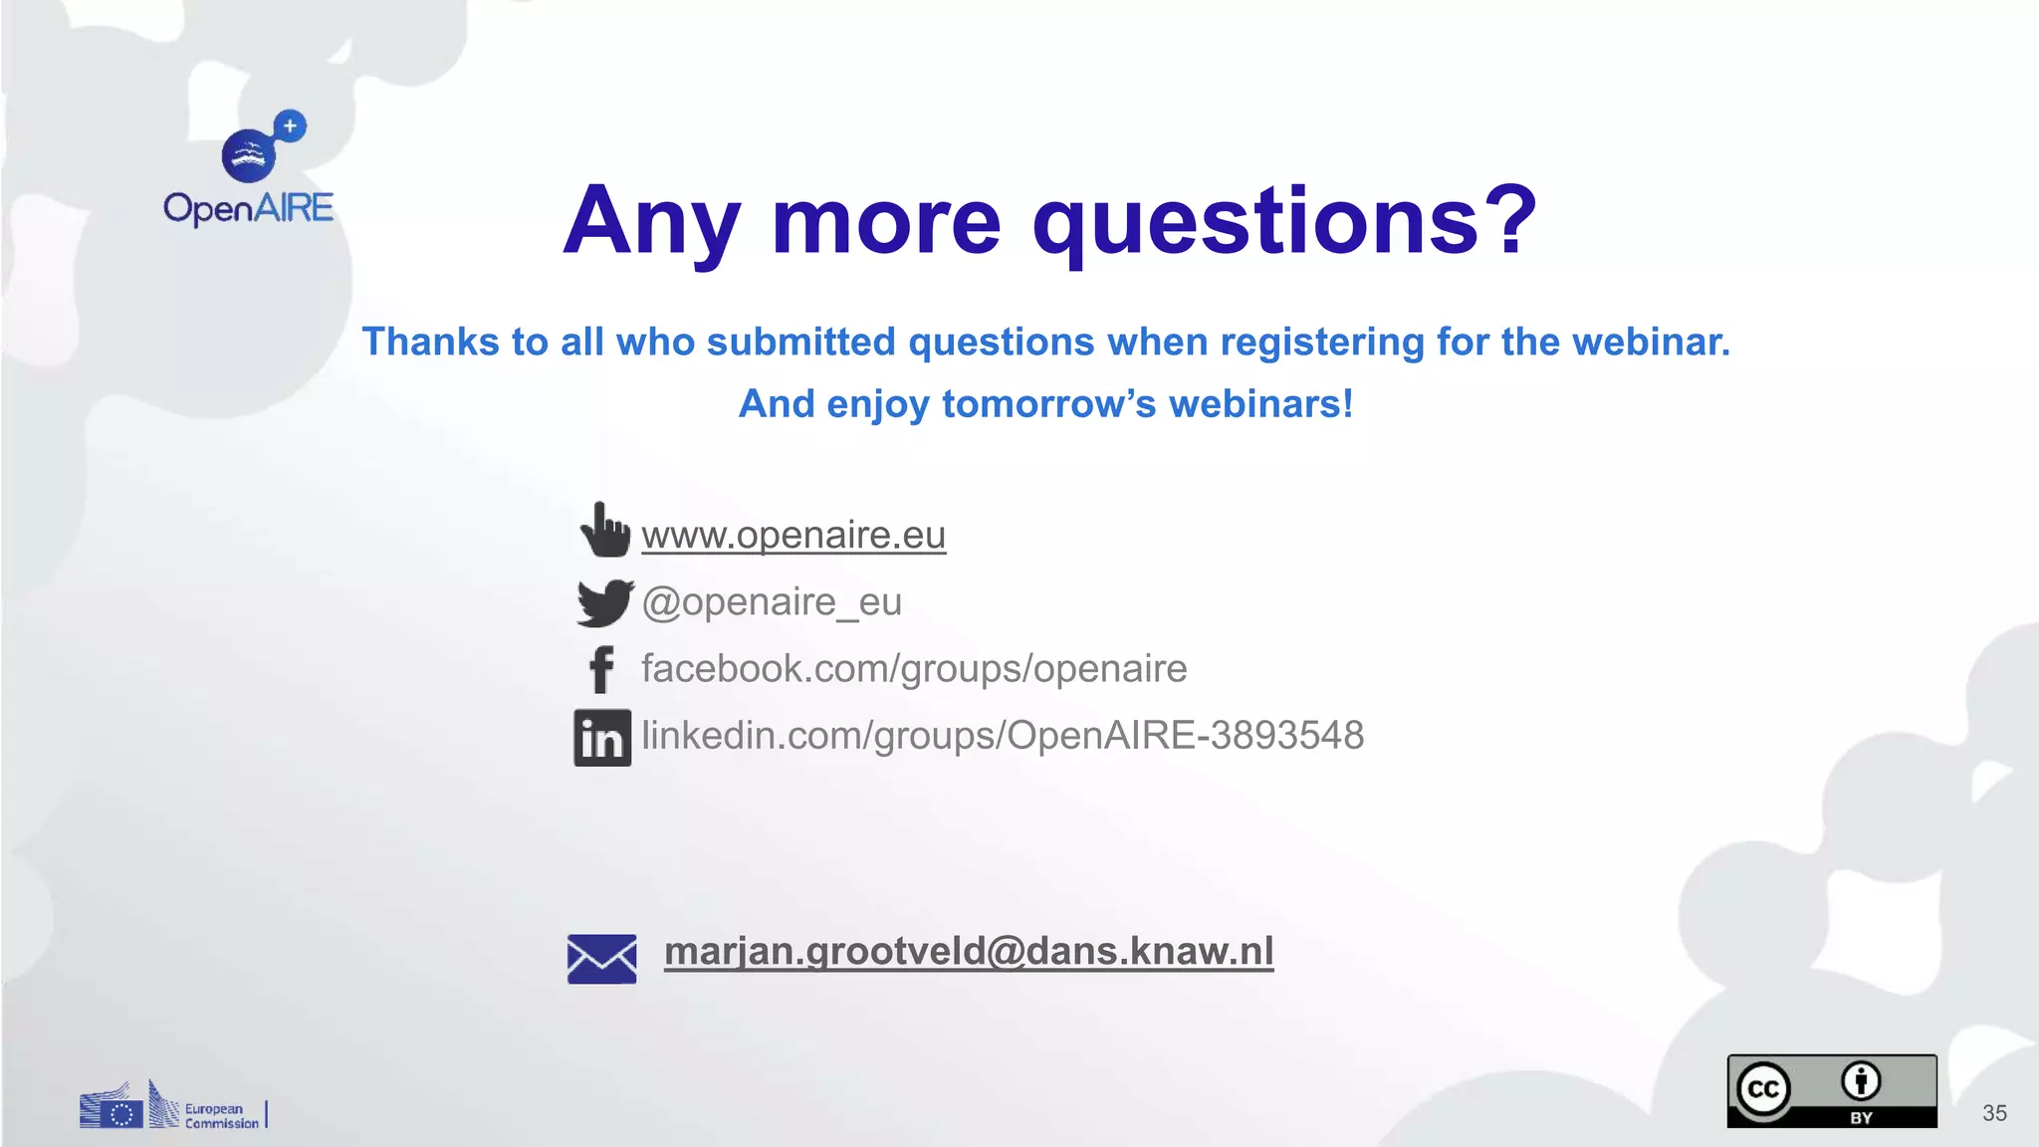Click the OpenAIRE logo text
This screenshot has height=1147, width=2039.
(248, 208)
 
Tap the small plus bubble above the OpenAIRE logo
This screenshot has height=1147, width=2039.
(290, 126)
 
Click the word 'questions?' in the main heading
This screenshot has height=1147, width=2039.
(1284, 221)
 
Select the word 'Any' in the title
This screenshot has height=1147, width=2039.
(652, 221)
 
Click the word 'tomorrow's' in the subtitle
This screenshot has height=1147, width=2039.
(1048, 404)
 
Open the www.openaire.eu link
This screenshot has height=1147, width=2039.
(793, 536)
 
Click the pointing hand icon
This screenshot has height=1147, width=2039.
(604, 530)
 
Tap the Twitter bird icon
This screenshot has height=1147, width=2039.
(603, 602)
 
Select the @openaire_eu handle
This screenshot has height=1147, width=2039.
(772, 602)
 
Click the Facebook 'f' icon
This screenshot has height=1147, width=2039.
(601, 669)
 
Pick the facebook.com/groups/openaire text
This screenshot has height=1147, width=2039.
(914, 669)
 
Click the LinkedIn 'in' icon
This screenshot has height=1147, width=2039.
(602, 738)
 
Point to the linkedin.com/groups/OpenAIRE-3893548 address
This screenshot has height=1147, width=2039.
(1002, 736)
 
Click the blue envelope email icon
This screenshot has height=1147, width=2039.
(601, 959)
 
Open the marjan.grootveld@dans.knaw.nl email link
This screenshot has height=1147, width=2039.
(968, 951)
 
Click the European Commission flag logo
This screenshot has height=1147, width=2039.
(112, 1109)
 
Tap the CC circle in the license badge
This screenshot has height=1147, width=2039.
(1763, 1089)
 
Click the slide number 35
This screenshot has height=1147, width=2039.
(1994, 1113)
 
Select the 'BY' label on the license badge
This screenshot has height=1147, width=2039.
(1861, 1118)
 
